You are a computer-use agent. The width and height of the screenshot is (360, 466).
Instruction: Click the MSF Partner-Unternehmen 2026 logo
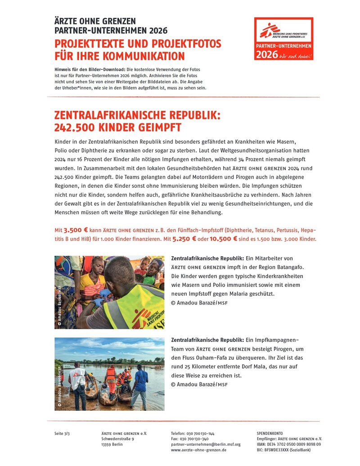(x=283, y=39)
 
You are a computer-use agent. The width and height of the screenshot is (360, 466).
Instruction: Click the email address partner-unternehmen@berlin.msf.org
(x=206, y=444)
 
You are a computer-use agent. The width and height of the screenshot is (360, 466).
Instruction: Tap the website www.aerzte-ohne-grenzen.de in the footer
(x=198, y=450)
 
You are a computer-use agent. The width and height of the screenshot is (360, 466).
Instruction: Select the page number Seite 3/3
(x=62, y=433)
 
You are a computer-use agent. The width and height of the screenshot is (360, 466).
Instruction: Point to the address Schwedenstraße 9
(x=117, y=439)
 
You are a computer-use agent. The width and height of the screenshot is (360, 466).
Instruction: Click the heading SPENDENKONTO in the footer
(x=270, y=433)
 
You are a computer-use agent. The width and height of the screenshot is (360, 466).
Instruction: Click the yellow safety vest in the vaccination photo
(x=135, y=306)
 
